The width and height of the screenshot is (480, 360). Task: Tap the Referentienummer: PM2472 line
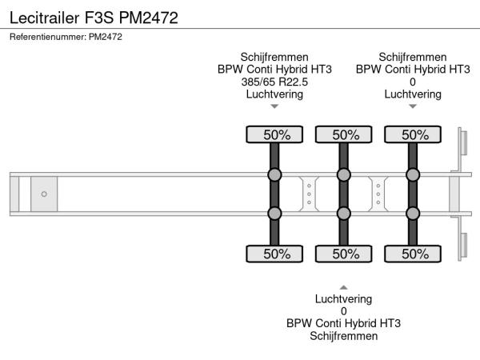click(66, 37)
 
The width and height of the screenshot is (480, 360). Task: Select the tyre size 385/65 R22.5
click(274, 82)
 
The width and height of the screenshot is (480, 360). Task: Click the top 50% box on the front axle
click(274, 134)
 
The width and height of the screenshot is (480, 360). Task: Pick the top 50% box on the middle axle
click(344, 134)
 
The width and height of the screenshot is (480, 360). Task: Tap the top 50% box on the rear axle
click(413, 134)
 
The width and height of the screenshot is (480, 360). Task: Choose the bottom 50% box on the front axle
click(274, 254)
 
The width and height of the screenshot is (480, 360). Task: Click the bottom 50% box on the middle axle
click(344, 254)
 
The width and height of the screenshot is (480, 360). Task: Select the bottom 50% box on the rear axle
click(413, 254)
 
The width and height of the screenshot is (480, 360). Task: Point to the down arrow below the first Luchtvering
click(274, 106)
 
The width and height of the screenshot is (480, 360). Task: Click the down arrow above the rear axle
click(413, 106)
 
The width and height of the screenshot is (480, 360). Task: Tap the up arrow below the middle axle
click(344, 286)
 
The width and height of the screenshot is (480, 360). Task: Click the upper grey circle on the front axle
click(274, 175)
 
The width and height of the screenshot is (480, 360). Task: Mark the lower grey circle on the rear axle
click(413, 213)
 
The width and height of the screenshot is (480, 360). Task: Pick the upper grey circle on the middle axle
click(344, 175)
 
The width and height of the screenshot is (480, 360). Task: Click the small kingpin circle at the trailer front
click(44, 194)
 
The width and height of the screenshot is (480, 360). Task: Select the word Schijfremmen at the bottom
click(344, 335)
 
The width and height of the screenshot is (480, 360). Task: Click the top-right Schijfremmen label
click(413, 57)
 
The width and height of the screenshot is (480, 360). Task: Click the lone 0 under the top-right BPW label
click(413, 82)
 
